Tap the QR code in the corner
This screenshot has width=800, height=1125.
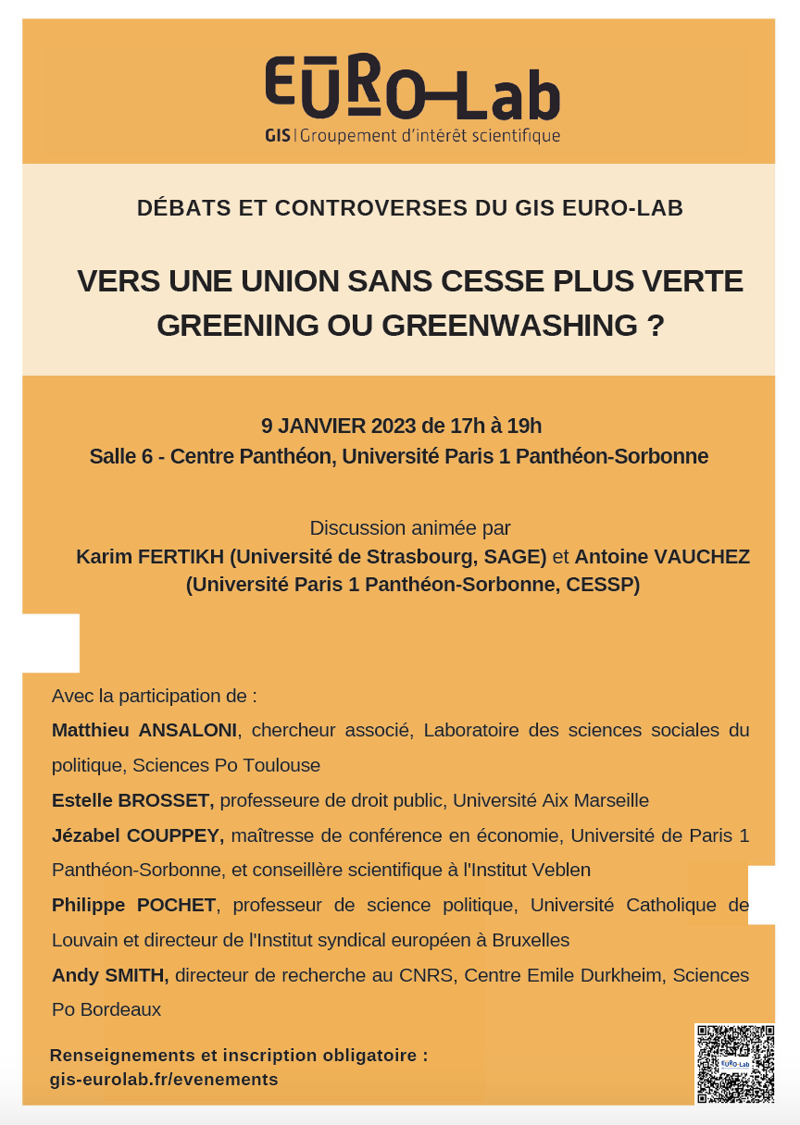pos(734,1063)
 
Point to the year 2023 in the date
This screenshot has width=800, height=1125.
pos(394,427)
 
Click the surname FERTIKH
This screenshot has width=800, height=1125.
pos(179,557)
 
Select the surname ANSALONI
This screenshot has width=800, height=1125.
pos(189,730)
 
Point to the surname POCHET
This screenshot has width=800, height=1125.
pos(178,905)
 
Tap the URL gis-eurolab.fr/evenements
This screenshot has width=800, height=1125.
pos(164,1080)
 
